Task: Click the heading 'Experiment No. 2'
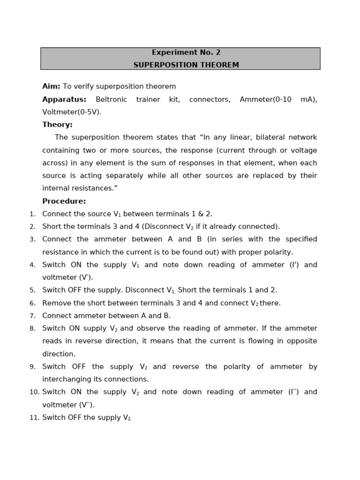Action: [186, 52]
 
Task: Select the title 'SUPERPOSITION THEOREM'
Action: [186, 65]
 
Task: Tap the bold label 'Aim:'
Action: [51, 87]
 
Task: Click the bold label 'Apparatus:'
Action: [64, 99]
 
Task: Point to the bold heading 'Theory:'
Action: [57, 125]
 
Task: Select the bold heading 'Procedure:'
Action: [64, 201]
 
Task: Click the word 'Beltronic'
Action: [112, 99]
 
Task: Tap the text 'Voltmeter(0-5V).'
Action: [72, 112]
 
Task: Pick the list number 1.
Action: [32, 214]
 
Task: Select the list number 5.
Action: [32, 291]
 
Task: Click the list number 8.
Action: [32, 329]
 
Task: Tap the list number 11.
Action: [34, 418]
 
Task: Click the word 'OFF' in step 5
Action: [75, 290]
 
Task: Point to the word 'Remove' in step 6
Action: [55, 303]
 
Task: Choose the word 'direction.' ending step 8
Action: [59, 354]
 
